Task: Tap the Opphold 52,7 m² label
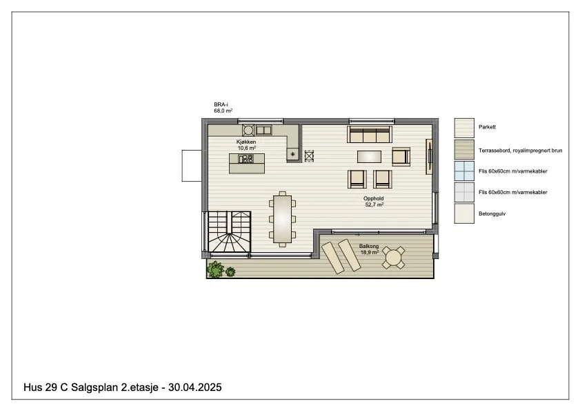point(374,201)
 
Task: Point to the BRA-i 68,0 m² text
point(223,108)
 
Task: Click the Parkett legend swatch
point(464,128)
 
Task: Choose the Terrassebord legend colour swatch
point(464,149)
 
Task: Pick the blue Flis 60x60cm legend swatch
point(464,171)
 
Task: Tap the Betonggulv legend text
point(492,214)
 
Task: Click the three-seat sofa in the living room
point(369,135)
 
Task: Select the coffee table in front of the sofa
point(369,156)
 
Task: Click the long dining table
point(282,219)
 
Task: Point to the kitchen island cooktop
point(246,159)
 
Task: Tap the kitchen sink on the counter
point(263,130)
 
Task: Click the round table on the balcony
point(393,257)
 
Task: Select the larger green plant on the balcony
point(215,269)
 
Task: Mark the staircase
point(230,232)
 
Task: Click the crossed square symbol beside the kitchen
point(309,156)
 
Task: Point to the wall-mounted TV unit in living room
point(429,156)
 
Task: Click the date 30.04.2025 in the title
point(195,388)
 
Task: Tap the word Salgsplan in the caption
point(94,388)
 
